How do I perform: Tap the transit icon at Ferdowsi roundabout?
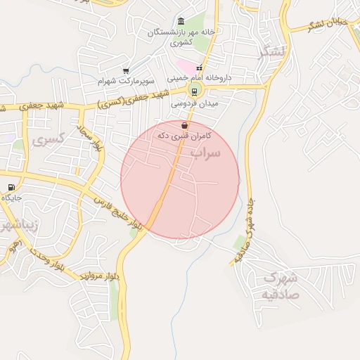point(194,91)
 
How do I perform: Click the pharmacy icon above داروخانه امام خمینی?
point(200,67)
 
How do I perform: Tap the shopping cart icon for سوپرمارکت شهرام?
point(126,71)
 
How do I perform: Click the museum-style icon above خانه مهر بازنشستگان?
point(181,21)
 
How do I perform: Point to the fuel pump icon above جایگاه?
point(11,187)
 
